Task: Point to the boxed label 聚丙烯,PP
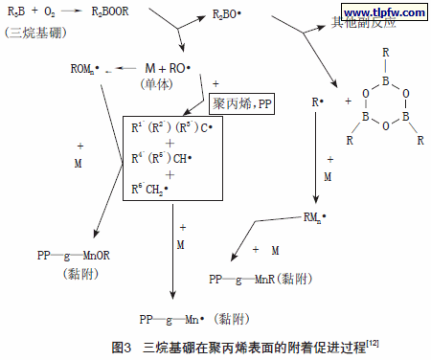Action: pos(240,101)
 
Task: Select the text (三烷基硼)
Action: pos(32,33)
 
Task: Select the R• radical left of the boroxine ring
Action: pos(316,101)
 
